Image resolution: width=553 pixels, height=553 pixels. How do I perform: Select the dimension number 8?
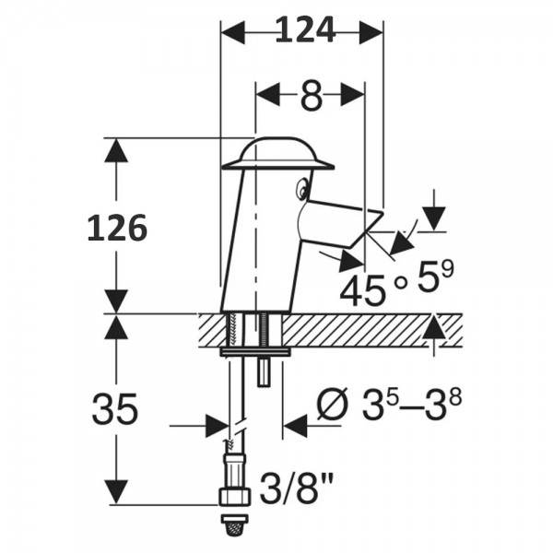pyautogui.click(x=312, y=95)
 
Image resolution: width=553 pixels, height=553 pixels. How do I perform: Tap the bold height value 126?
pyautogui.click(x=117, y=227)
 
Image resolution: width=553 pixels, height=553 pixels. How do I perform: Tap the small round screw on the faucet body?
pyautogui.click(x=300, y=191)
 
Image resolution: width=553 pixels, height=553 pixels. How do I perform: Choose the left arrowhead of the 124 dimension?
pyautogui.click(x=231, y=31)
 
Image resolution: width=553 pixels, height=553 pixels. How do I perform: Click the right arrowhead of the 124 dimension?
pyautogui.click(x=371, y=31)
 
